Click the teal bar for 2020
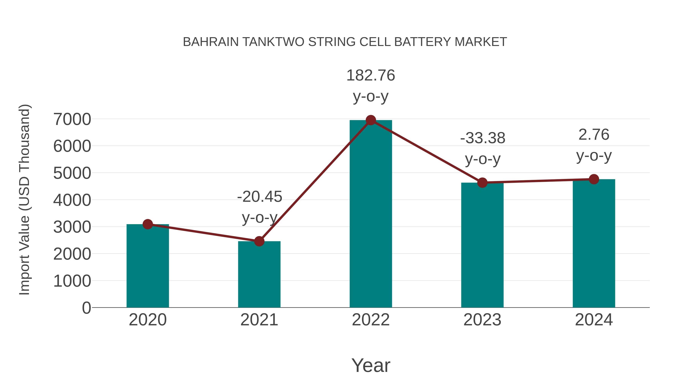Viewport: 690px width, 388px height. coord(148,268)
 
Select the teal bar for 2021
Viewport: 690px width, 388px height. coord(259,276)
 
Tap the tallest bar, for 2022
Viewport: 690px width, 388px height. coord(371,214)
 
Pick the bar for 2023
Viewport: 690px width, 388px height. coord(482,246)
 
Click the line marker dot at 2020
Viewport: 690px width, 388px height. coord(148,224)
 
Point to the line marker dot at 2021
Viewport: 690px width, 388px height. coord(259,241)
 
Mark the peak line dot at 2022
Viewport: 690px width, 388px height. coord(371,120)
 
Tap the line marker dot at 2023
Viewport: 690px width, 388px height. coord(482,183)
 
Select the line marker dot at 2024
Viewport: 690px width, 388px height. coord(594,179)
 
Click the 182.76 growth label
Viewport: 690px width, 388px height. coord(371,75)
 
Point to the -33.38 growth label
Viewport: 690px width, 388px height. coord(483,138)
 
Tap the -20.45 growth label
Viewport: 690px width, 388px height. coord(260,197)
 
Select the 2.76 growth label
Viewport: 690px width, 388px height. coord(594,135)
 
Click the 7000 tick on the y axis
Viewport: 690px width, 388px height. coord(72,119)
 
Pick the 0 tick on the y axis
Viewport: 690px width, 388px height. coord(86,308)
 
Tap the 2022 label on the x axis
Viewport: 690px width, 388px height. coord(371,320)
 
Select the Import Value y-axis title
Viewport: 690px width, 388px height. coord(24,199)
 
